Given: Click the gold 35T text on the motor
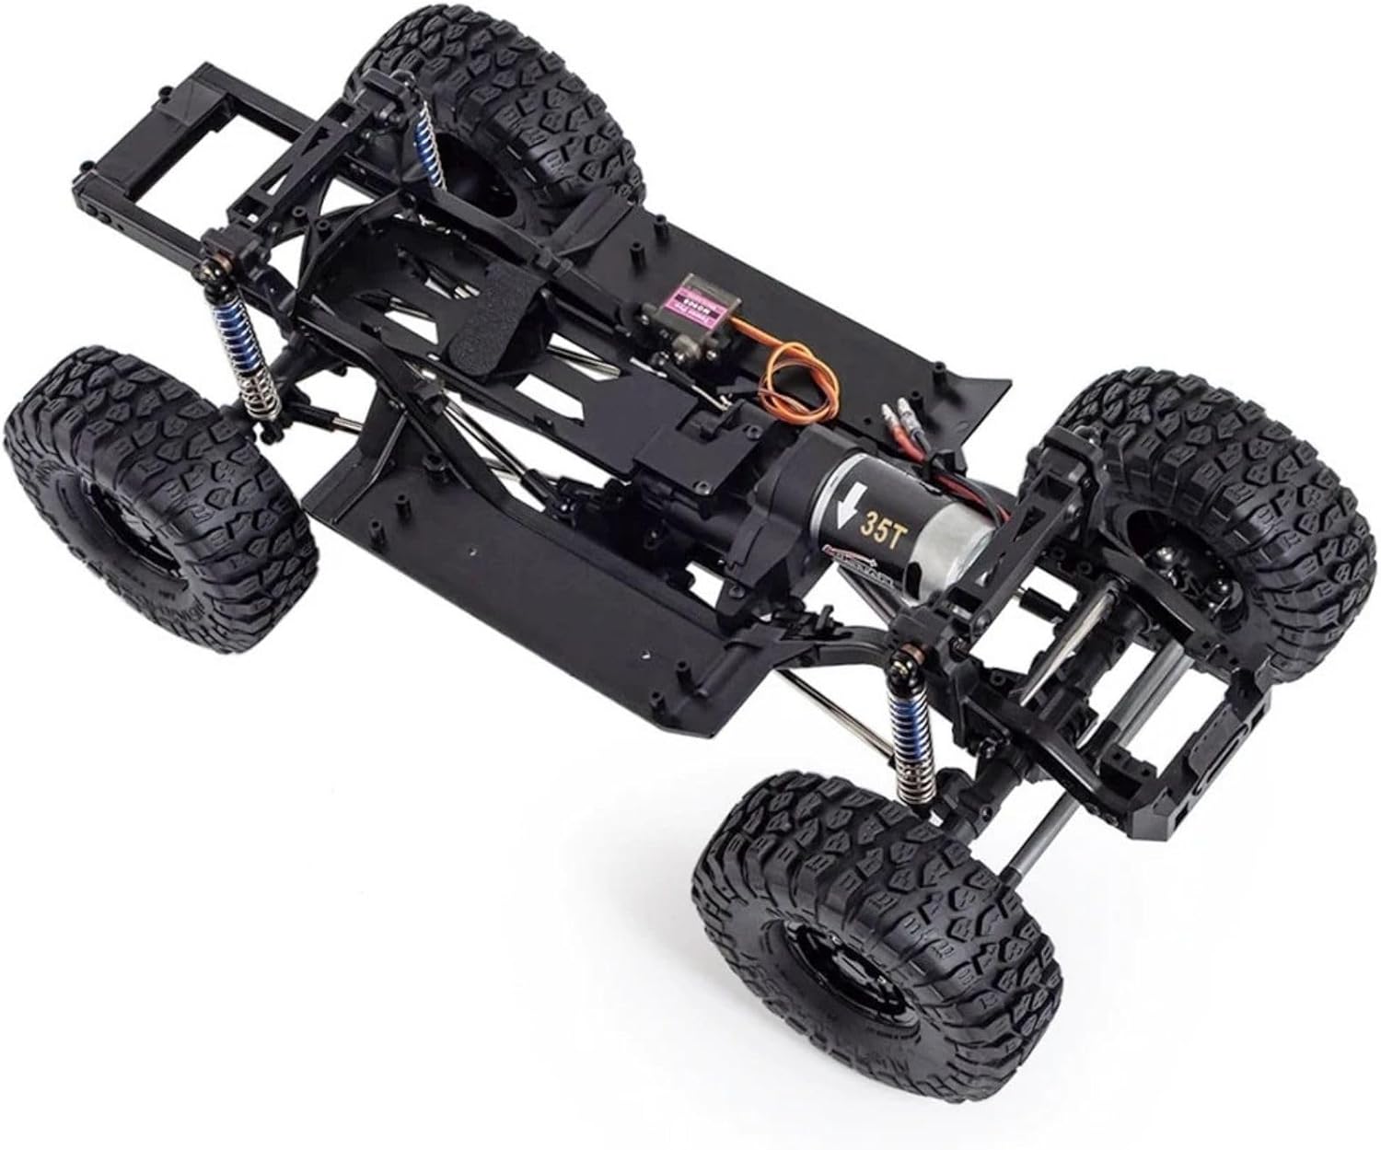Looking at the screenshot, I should pos(876,526).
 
